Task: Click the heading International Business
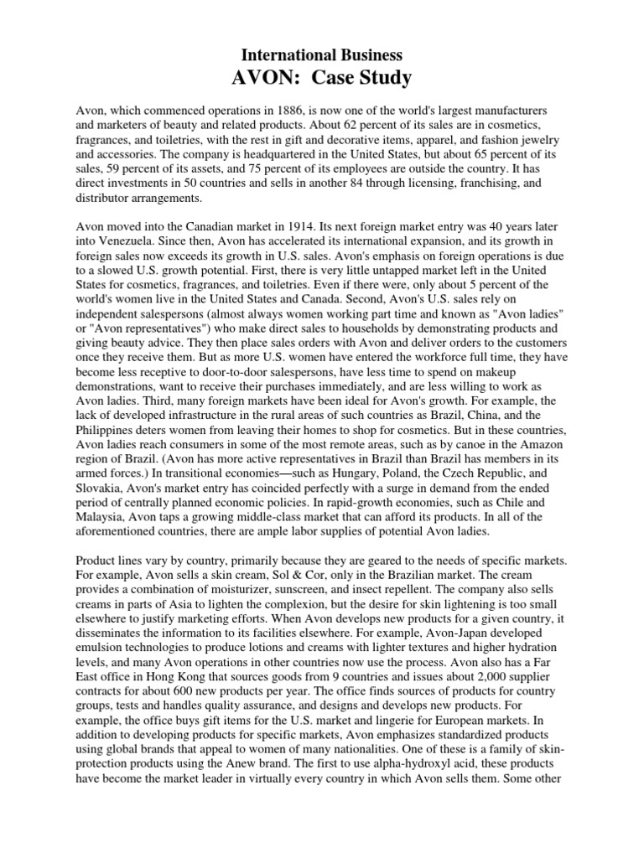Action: click(322, 55)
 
